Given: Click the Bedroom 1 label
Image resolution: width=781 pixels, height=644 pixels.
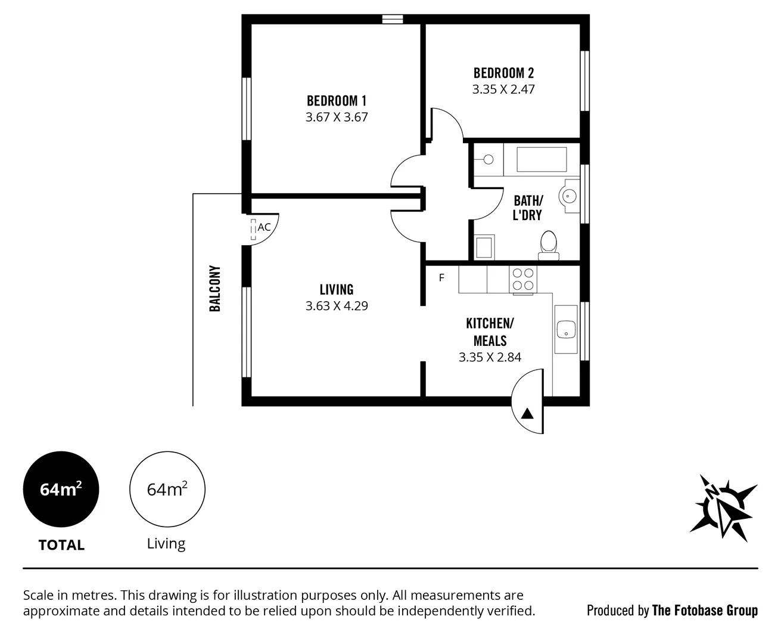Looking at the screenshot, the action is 337,101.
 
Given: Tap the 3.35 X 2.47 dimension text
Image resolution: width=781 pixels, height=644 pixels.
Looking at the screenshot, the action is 503,89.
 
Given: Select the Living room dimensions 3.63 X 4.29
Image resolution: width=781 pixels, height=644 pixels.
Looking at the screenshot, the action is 337,306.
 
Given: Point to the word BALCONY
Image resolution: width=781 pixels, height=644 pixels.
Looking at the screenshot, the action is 215,289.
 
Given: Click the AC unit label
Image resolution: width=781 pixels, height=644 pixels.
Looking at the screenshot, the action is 264,227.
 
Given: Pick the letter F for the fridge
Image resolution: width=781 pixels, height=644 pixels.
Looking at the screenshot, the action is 441,278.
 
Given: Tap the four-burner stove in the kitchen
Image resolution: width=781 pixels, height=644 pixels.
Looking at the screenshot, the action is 523,279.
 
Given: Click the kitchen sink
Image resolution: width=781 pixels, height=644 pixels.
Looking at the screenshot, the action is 565,329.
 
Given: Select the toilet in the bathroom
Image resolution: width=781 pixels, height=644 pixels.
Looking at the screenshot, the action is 548,244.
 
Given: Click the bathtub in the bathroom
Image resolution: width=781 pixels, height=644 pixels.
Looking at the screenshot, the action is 542,159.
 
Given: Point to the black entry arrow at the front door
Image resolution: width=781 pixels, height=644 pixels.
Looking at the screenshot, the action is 528,413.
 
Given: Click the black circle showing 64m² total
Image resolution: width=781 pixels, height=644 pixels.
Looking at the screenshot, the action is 61,490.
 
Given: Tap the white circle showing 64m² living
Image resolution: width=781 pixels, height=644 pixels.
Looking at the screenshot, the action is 167,490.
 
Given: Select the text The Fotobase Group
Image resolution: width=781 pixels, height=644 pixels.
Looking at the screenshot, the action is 705,610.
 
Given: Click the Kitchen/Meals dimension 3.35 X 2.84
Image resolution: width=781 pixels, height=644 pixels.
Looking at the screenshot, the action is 490,357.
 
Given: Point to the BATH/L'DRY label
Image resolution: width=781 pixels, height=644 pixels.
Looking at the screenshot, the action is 528,208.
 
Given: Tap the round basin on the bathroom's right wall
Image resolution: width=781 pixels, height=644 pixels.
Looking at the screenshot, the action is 568,194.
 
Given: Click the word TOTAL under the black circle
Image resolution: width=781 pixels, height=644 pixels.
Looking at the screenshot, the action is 61,545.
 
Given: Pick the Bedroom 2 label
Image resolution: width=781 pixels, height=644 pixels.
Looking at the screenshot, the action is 503,73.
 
